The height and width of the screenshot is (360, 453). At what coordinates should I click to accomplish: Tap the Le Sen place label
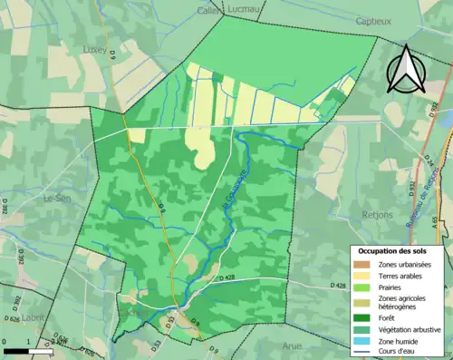[x=57, y=197]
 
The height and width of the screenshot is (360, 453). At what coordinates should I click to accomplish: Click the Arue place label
[x=291, y=345]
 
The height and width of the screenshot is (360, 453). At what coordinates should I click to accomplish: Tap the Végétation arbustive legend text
[x=411, y=329]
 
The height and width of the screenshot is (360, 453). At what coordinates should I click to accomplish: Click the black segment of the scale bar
[x=14, y=350]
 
